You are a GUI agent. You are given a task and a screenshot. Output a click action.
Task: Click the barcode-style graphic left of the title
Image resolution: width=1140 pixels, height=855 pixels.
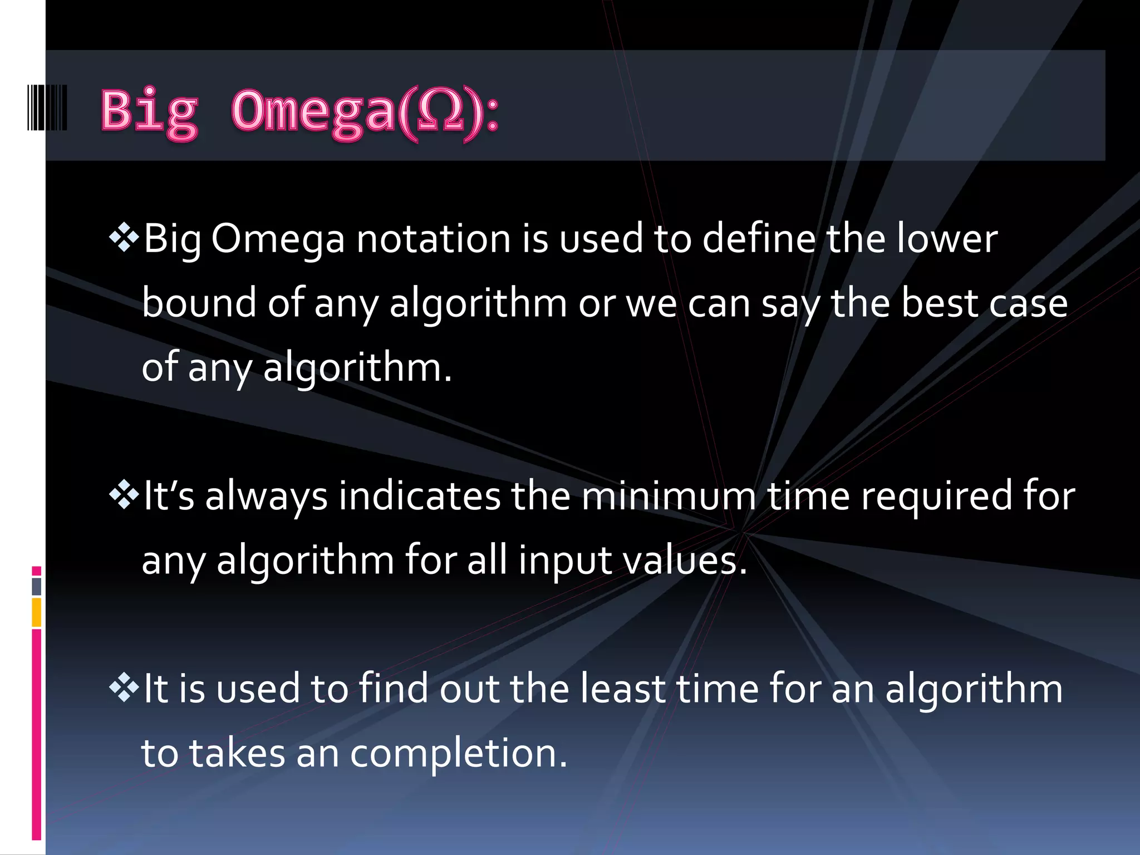47,107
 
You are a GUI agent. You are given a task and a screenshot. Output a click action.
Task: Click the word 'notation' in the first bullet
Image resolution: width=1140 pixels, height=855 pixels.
433,239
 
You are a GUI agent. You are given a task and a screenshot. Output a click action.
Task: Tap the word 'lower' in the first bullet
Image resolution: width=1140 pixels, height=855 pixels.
947,239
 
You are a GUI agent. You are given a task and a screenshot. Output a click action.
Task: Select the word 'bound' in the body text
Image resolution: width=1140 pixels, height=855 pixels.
199,303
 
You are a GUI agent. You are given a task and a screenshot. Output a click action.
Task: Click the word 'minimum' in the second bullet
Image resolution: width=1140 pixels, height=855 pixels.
669,497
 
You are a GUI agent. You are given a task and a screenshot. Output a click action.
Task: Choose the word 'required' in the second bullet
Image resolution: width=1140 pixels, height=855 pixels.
937,497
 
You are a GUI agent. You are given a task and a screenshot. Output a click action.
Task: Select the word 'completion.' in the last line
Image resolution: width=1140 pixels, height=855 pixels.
459,754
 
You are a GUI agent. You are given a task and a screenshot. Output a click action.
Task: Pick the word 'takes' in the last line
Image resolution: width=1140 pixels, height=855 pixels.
237,754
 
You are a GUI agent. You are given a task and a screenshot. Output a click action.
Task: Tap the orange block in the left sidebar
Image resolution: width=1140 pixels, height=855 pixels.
37,612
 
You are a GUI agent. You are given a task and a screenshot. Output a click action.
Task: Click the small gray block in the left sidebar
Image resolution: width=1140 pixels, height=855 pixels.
37,586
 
